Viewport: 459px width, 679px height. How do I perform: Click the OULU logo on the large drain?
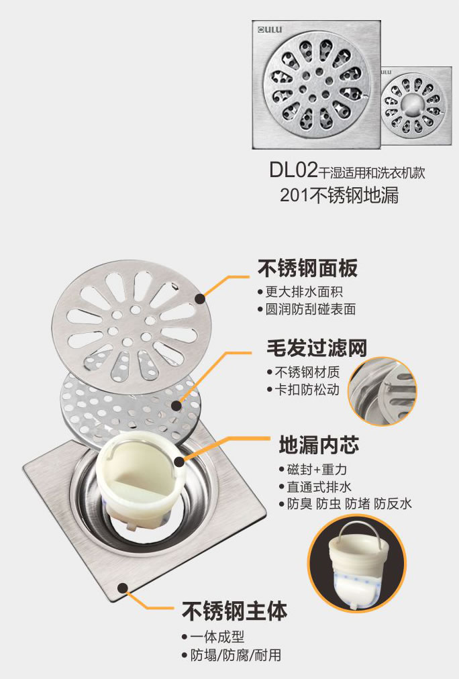click(270, 30)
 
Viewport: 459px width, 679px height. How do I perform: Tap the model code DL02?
click(294, 170)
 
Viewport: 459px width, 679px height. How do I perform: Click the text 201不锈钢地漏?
click(339, 195)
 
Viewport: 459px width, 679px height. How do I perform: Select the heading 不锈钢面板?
click(308, 268)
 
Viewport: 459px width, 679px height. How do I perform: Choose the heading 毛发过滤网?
click(317, 348)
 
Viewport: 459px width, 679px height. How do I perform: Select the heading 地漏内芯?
click(319, 445)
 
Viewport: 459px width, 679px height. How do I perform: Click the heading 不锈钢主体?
click(235, 611)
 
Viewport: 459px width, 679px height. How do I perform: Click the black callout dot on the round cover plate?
click(199, 299)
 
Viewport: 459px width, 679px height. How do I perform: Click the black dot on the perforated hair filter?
click(176, 406)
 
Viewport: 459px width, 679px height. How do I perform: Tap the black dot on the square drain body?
click(123, 588)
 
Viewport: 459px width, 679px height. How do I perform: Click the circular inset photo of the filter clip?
click(382, 391)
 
